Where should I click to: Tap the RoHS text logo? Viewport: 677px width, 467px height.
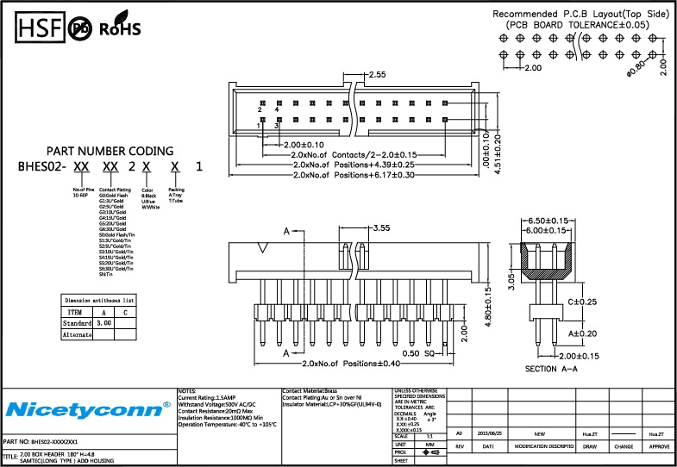(120, 29)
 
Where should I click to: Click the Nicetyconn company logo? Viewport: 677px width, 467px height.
(86, 408)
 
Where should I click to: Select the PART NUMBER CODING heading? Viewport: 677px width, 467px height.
(110, 151)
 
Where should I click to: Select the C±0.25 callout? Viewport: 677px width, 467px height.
(583, 302)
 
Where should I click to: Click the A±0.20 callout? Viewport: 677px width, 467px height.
(583, 333)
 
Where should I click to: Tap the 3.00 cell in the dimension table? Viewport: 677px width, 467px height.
(103, 322)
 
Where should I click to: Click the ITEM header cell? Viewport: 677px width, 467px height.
(75, 311)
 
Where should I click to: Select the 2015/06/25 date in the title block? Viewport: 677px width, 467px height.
(489, 433)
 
